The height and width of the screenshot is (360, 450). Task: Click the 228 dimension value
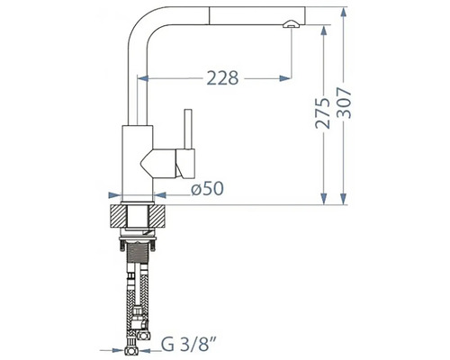click(222, 78)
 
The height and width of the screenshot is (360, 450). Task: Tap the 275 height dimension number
click(322, 112)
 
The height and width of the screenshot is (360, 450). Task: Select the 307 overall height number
click(344, 103)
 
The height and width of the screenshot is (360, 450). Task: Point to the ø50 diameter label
click(207, 189)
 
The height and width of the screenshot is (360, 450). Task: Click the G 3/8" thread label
click(188, 344)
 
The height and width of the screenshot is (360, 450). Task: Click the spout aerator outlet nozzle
click(290, 24)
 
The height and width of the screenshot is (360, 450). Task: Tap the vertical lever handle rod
click(188, 129)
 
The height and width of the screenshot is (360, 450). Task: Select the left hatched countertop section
click(119, 216)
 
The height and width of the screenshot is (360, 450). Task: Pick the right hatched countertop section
click(157, 216)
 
